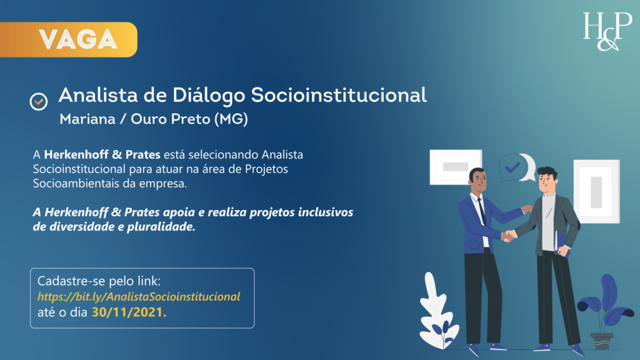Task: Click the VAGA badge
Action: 78,39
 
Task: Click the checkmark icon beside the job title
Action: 39,100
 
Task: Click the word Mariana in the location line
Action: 87,119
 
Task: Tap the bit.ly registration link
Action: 139,296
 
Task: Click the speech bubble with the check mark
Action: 514,167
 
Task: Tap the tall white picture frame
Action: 596,191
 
